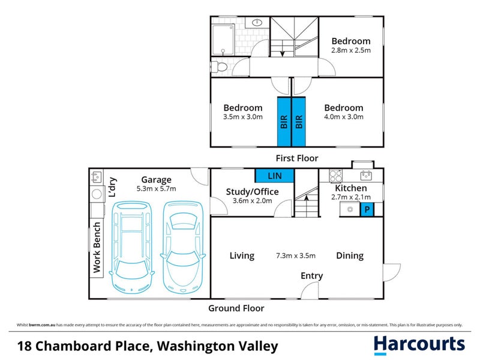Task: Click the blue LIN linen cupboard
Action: (274, 175)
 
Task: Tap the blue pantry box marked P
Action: (365, 209)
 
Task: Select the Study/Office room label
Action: (252, 192)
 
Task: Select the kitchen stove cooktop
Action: (336, 176)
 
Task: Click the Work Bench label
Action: (97, 247)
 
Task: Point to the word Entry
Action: (311, 276)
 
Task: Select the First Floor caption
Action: (296, 158)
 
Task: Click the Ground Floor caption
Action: (236, 308)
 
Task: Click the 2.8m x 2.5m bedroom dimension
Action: (351, 50)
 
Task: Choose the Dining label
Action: (349, 256)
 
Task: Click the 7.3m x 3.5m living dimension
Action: (295, 256)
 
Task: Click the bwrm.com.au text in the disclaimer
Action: (43, 325)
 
